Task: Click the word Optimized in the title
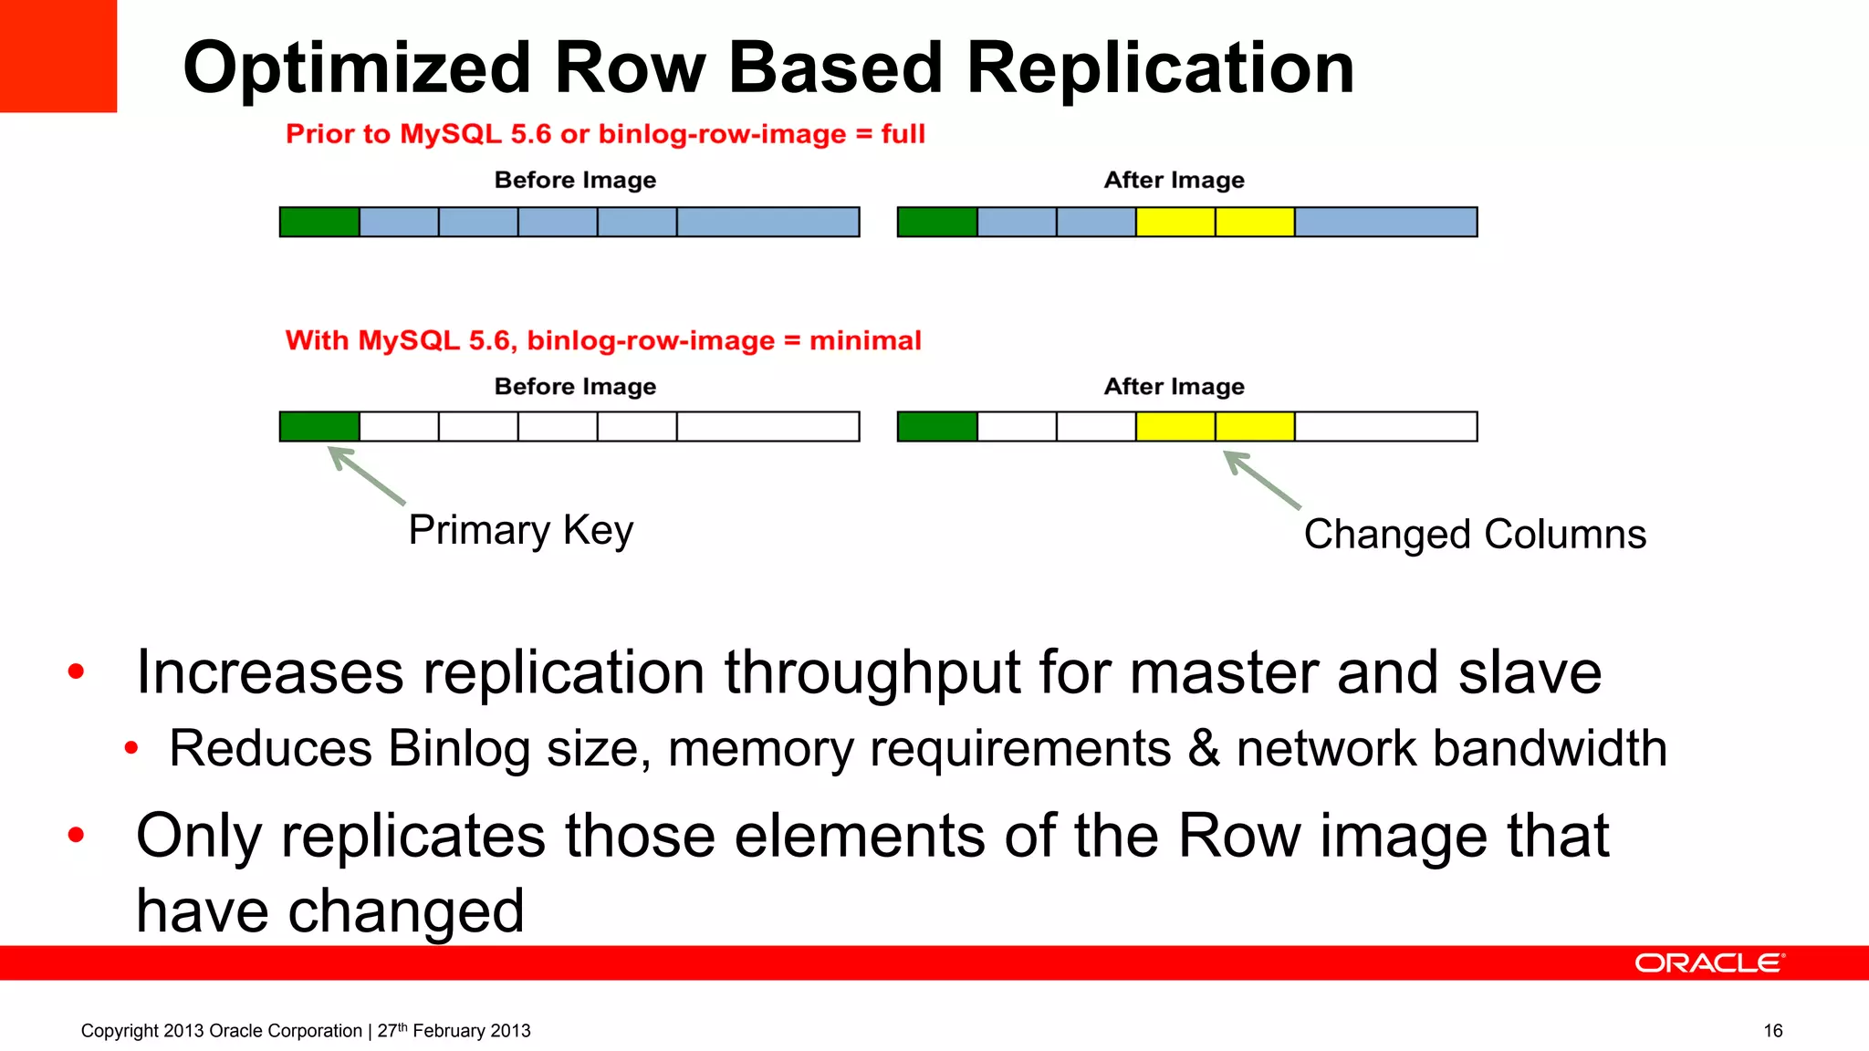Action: coord(357,68)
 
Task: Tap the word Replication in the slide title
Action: coord(1160,68)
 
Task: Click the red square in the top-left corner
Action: coord(57,56)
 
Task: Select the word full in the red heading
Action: coord(903,134)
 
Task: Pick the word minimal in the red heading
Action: coord(865,340)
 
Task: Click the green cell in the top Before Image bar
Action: coord(319,222)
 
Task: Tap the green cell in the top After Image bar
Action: coord(937,222)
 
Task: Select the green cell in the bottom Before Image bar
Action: coord(319,426)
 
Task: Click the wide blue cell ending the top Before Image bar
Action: coord(767,222)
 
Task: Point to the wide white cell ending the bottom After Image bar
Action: coord(1385,426)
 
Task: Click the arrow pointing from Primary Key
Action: coord(366,474)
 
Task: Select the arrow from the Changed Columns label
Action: coord(1262,479)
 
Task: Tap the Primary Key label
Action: coord(520,530)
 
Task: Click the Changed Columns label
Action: coord(1475,535)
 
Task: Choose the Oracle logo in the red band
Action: coord(1708,963)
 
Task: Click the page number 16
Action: coord(1772,1031)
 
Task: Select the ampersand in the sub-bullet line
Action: coord(1204,748)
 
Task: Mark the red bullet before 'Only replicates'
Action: coord(76,834)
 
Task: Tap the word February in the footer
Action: coord(447,1031)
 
